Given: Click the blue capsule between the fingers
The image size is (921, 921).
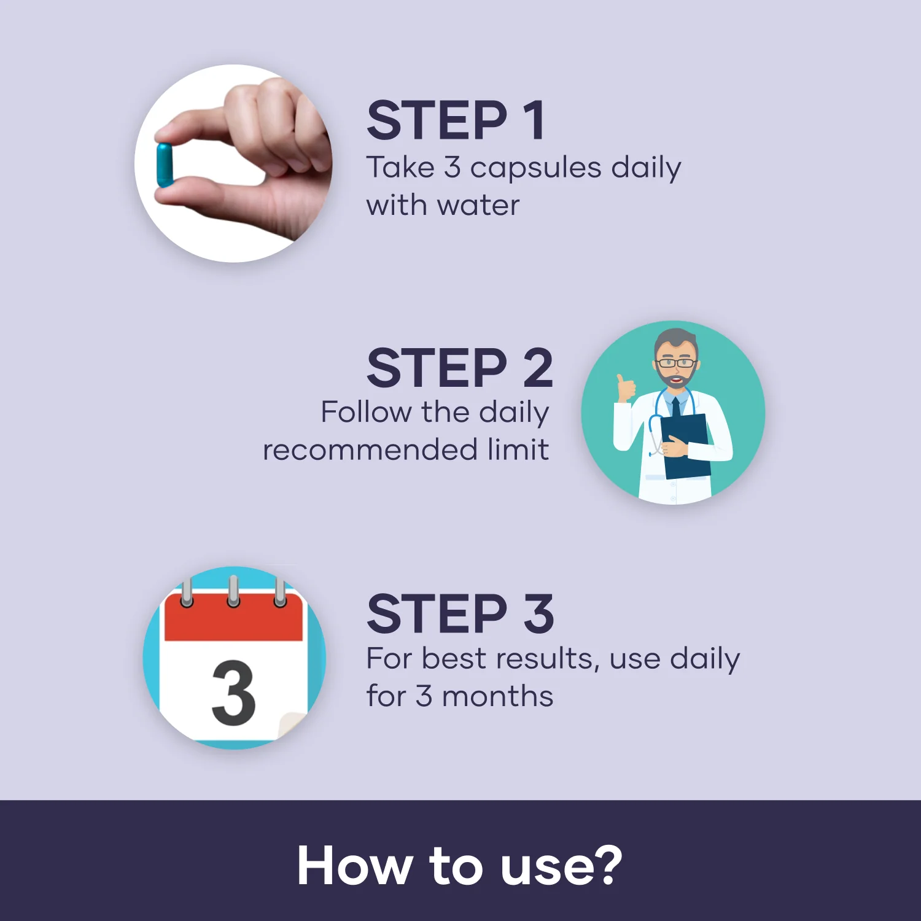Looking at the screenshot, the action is (x=165, y=165).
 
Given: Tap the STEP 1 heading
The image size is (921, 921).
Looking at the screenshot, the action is (x=455, y=120).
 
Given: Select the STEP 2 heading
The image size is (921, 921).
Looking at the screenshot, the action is (x=460, y=367).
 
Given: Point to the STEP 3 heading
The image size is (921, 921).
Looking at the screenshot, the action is (x=460, y=613).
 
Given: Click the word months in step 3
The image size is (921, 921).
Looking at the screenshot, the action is (x=497, y=696).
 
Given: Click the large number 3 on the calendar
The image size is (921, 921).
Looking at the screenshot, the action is (x=233, y=693).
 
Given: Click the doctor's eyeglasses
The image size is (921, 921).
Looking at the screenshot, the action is (x=675, y=363).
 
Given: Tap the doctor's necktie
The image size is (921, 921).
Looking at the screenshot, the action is (x=675, y=409).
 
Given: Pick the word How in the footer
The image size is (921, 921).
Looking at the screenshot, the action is (x=354, y=866).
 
